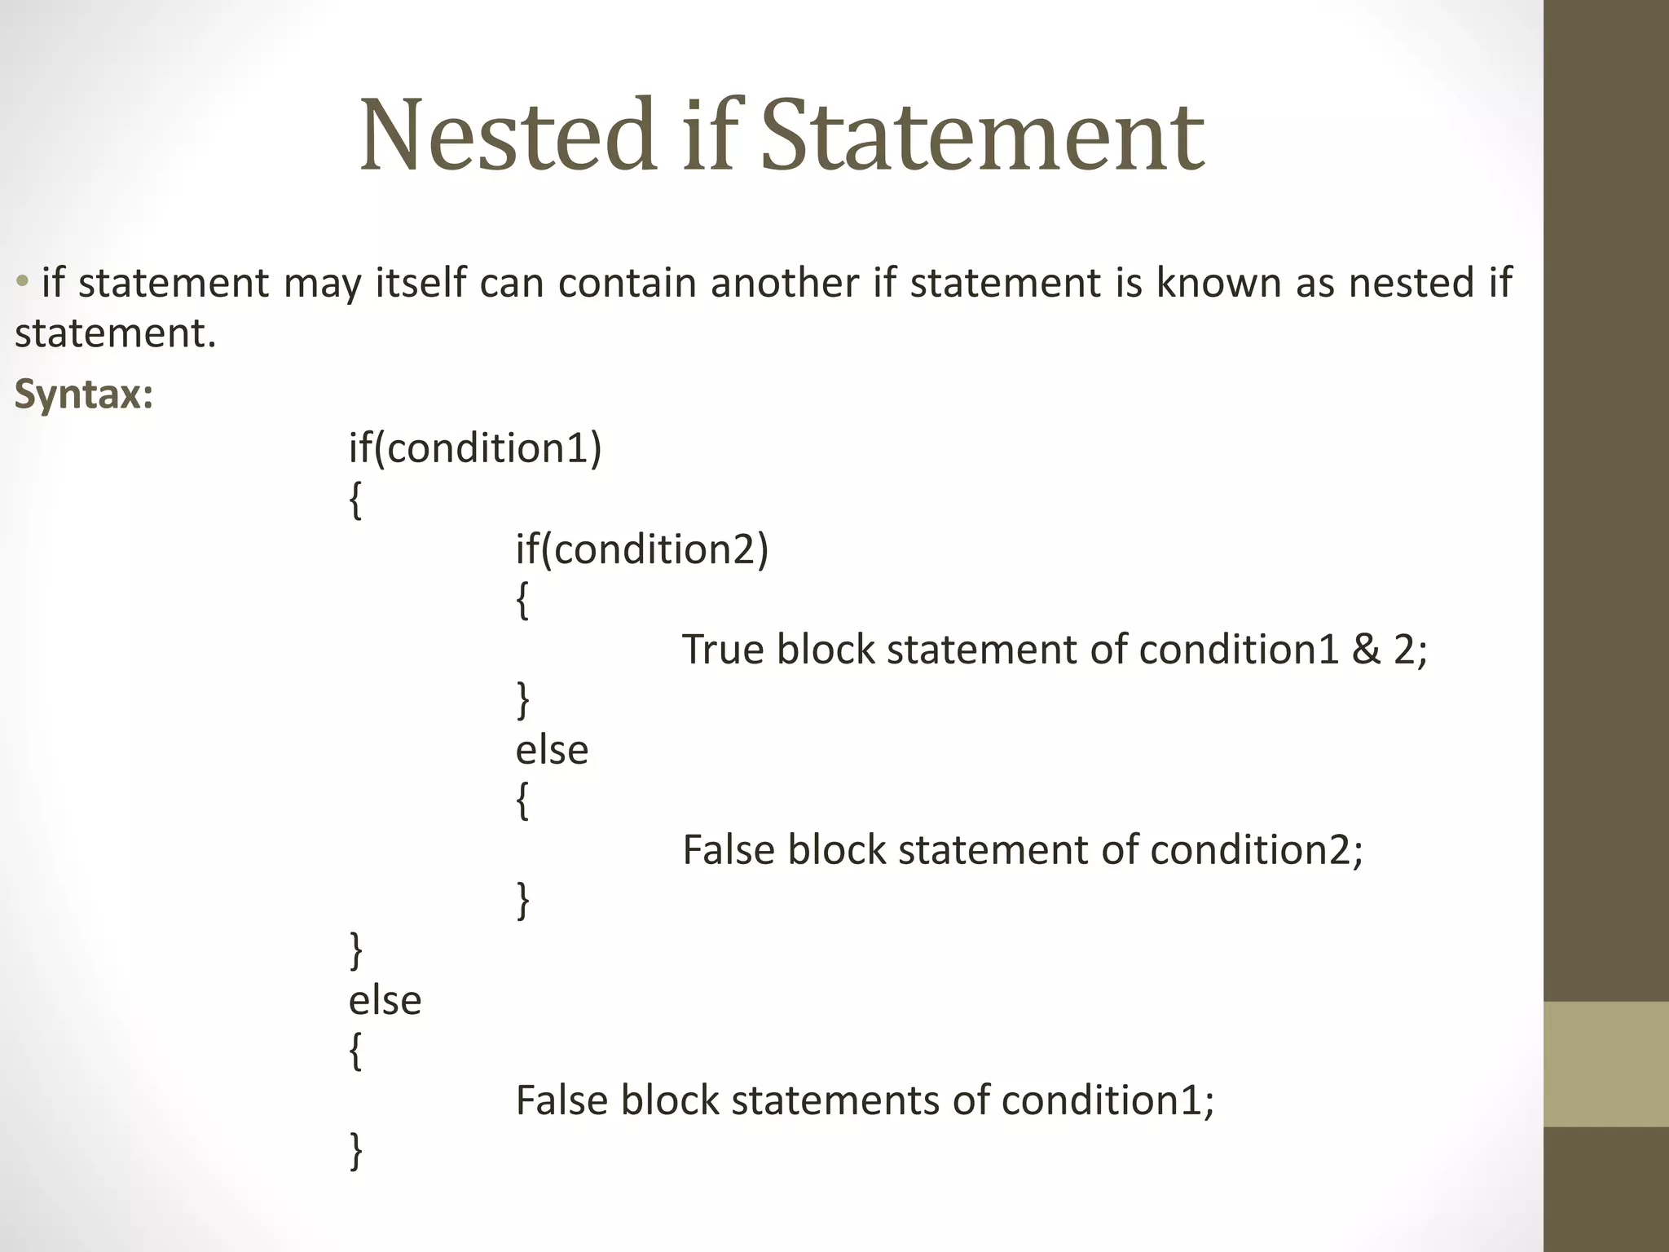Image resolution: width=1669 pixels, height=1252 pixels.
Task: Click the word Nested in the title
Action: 508,136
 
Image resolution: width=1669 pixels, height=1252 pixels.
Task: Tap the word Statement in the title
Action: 982,136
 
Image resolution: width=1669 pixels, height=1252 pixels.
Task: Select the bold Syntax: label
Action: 84,395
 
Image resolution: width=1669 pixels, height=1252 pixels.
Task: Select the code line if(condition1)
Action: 475,448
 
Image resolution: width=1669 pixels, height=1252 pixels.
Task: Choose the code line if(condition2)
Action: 642,549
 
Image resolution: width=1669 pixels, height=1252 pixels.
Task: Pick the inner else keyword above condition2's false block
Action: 552,750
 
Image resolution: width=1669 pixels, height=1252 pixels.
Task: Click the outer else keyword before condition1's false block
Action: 385,1000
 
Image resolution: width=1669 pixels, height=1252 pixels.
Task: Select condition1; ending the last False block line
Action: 1108,1100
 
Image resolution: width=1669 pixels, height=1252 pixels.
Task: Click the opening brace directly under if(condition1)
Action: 355,500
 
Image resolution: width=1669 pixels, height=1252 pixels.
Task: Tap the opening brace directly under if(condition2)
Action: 522,601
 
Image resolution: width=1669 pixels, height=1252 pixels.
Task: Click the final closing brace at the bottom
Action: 355,1151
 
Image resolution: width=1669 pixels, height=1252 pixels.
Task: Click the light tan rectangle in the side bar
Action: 1606,1064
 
